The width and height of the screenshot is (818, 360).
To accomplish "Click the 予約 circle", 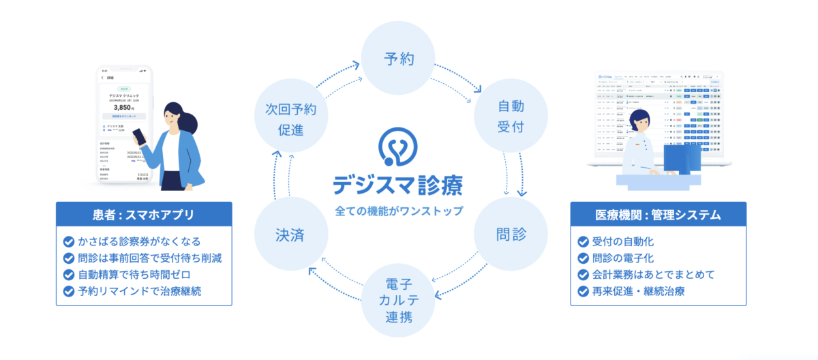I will pyautogui.click(x=397, y=58).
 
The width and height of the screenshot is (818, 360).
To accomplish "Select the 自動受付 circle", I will pyautogui.click(x=511, y=116).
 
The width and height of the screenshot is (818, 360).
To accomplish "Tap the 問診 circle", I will pyautogui.click(x=511, y=235).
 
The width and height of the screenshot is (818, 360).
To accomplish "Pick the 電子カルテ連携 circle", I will pyautogui.click(x=397, y=299).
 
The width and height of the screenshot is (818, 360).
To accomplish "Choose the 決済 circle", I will pyautogui.click(x=286, y=235).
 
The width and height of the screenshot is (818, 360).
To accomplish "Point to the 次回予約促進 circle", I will pyautogui.click(x=286, y=116).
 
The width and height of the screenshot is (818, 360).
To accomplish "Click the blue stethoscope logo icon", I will pyautogui.click(x=399, y=146).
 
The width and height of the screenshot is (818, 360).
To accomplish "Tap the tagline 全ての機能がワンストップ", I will pyautogui.click(x=399, y=211).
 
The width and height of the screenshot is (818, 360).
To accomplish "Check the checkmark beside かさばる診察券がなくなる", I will pyautogui.click(x=68, y=241).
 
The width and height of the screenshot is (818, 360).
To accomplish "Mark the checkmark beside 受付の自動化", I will pyautogui.click(x=583, y=241).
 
